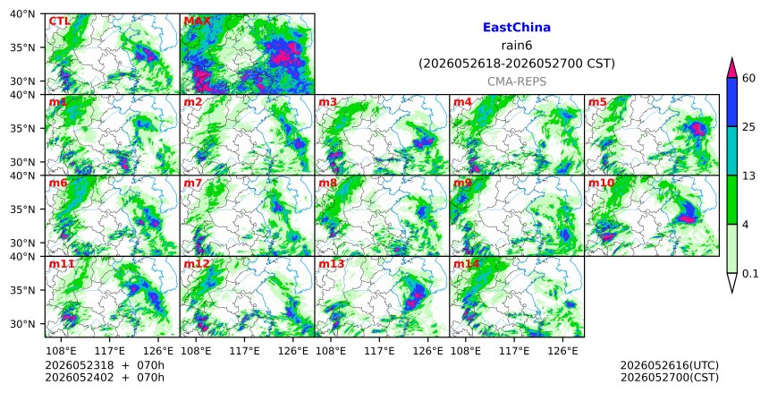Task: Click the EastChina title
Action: (x=517, y=28)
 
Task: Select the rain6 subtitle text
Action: (x=517, y=46)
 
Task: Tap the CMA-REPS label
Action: (x=517, y=81)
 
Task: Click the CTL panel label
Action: (x=59, y=21)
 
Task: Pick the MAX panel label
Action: (x=197, y=21)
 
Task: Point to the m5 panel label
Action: (x=597, y=102)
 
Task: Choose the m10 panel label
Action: (x=601, y=183)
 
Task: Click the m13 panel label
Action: (x=332, y=264)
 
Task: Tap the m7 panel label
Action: (x=193, y=183)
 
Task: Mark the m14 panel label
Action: (x=466, y=264)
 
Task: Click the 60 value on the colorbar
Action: (x=748, y=78)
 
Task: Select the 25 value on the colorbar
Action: (x=748, y=127)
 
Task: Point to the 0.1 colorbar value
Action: (x=750, y=274)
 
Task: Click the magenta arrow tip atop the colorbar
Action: (x=732, y=58)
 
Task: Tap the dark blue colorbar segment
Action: (x=732, y=102)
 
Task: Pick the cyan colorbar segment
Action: (x=732, y=150)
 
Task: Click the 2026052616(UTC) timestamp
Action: (x=670, y=365)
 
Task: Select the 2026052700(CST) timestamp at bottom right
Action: (x=670, y=378)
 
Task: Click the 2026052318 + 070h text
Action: (x=105, y=365)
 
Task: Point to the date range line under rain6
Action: (x=517, y=64)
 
